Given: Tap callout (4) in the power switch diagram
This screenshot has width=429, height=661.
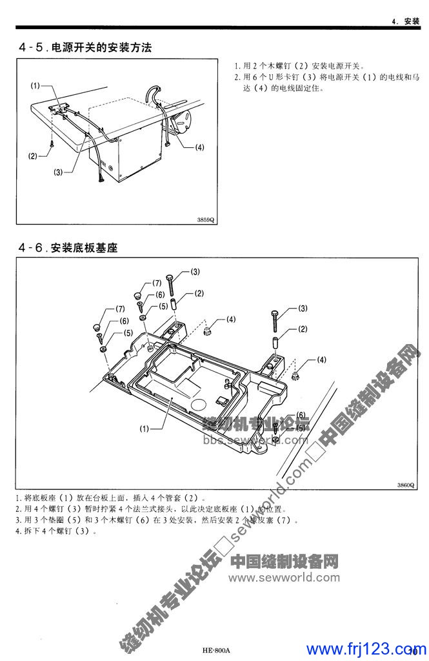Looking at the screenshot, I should pyautogui.click(x=199, y=147).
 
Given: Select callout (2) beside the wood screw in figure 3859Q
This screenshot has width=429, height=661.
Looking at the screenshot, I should pyautogui.click(x=33, y=156).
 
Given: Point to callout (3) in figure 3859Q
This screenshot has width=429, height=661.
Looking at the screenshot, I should pyautogui.click(x=59, y=172).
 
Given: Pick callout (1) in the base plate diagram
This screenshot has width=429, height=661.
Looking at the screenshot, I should pyautogui.click(x=145, y=427).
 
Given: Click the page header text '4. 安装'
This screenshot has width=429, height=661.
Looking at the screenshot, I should pyautogui.click(x=406, y=21).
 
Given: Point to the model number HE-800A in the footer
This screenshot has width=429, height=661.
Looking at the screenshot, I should pyautogui.click(x=215, y=650).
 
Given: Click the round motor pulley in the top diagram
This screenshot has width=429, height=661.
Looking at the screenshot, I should pyautogui.click(x=186, y=121).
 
